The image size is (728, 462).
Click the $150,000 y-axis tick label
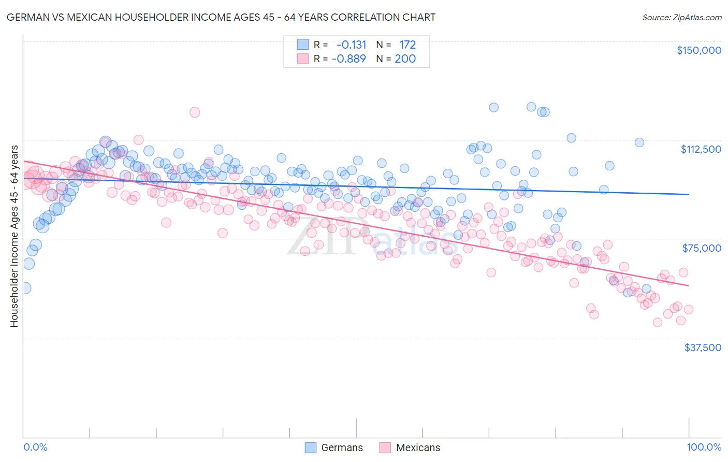pos(698,50)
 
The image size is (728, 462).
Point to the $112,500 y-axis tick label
pos(701,149)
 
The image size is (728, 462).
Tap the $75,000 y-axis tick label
pos(702,248)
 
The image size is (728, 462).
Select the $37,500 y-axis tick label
pos(703,348)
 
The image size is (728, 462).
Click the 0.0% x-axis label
pos(35,447)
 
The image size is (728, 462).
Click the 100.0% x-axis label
pos(704,447)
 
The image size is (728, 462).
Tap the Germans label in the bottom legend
pos(342,447)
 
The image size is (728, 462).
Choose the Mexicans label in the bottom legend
pos(418,447)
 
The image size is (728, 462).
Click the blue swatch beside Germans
pos(311,447)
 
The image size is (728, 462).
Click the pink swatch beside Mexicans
pos(385,447)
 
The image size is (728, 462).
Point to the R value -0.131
pos(351,45)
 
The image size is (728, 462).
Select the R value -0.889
pos(351,59)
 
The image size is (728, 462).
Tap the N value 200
pos(405,59)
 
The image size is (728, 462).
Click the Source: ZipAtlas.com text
pos(681,17)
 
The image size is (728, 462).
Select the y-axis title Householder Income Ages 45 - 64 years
pos(14,236)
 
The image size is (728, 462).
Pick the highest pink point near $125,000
pos(195,112)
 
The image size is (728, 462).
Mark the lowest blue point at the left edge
pos(24,288)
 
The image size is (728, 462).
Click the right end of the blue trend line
pos(689,194)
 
